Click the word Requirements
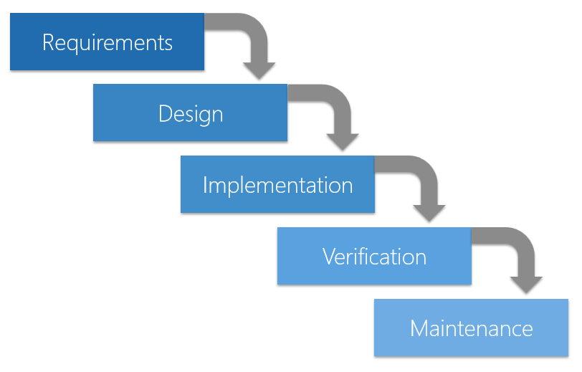108,42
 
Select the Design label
191,114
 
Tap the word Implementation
277,185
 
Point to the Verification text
374,257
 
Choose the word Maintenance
471,328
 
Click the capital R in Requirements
48,42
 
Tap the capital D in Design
165,114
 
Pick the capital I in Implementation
206,185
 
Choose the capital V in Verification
329,257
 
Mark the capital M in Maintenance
419,328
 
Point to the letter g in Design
203,116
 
